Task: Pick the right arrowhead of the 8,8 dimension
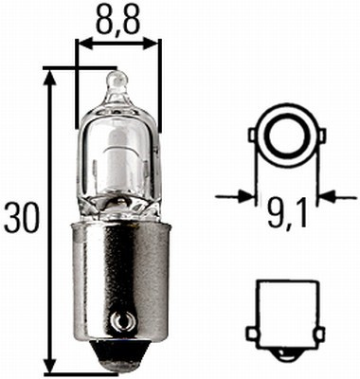(153, 44)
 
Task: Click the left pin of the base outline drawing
(252, 334)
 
